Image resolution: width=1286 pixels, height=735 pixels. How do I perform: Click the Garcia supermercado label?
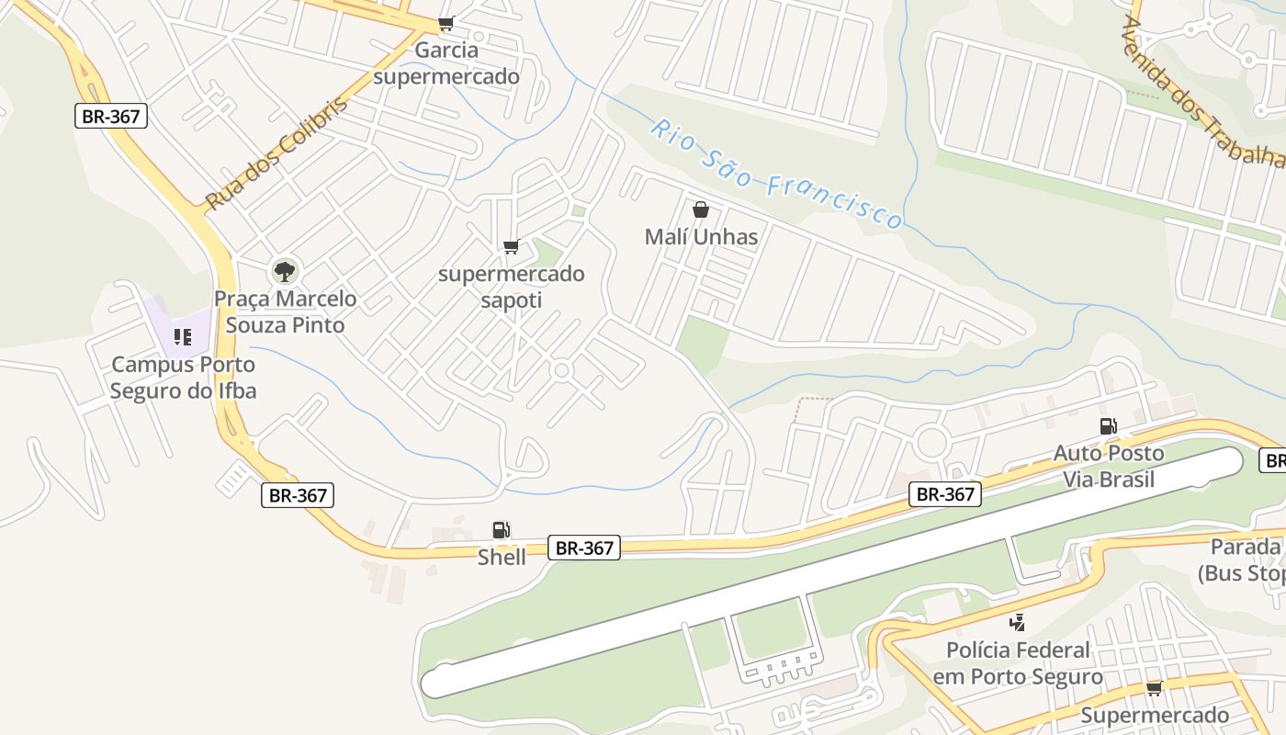coord(446,63)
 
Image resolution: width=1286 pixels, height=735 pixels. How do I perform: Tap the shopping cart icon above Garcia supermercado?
coord(446,23)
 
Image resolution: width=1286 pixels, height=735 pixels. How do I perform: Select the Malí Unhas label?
coord(701,237)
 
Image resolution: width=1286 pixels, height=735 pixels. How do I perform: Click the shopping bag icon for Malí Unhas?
coord(701,210)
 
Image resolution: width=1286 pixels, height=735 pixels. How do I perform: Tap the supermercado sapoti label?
coord(511,287)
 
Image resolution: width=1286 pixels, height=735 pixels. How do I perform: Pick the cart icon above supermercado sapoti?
coord(512,246)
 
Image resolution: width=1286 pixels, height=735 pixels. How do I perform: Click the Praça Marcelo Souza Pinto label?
coord(285,312)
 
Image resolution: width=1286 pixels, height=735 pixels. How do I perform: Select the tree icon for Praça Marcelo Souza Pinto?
coord(285,271)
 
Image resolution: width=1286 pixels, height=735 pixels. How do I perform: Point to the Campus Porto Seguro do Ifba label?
coord(183,378)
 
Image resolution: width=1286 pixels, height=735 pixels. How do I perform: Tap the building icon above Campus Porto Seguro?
coord(183,337)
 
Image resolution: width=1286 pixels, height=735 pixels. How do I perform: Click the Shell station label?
coord(502,557)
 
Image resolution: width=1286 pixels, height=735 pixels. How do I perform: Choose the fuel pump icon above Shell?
coord(502,530)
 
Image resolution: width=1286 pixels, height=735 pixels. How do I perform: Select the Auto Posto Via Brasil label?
coord(1108,466)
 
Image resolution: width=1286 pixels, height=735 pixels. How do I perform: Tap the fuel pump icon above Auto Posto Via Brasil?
coord(1109,425)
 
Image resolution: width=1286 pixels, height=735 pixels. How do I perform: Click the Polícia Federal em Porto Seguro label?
coord(1018,663)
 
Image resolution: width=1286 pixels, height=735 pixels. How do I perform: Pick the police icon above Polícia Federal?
coord(1017,623)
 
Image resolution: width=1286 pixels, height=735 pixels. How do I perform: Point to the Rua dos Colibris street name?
coord(276,153)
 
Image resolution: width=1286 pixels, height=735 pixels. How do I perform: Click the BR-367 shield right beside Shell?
coord(585,548)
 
